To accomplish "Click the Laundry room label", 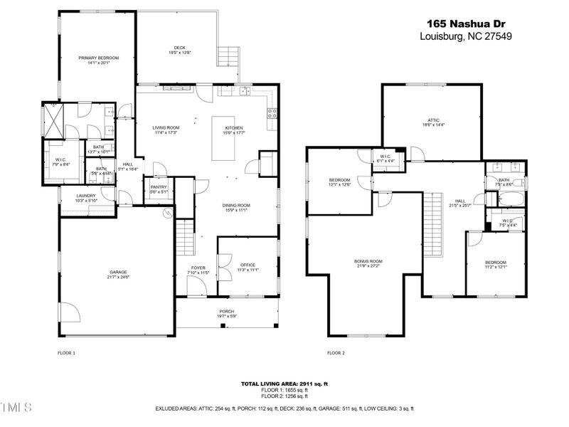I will pos(86,198).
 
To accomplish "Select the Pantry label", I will pos(158,189).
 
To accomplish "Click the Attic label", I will pos(434,122).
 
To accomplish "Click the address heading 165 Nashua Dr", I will pos(466,23).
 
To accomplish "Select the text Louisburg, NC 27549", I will pos(466,36).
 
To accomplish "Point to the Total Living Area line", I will pos(284,384).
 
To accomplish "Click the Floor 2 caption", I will pos(336,353).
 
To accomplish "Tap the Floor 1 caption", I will pos(66,353).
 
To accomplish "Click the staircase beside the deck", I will pos(229,56).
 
